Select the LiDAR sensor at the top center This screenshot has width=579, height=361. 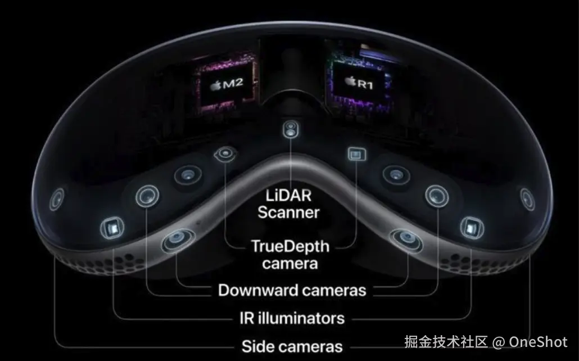pyautogui.click(x=290, y=130)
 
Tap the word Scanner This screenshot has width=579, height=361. pyautogui.click(x=288, y=212)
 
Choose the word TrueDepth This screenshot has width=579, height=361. pyautogui.click(x=289, y=246)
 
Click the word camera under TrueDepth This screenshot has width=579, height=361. pyautogui.click(x=289, y=263)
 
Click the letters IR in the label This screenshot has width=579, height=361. pyautogui.click(x=241, y=318)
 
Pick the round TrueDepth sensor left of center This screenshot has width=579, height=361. pyautogui.click(x=225, y=153)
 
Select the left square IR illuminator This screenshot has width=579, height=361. pyautogui.click(x=110, y=227)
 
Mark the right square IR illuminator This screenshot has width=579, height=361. pyautogui.click(x=469, y=227)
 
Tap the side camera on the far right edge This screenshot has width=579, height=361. pyautogui.click(x=526, y=198)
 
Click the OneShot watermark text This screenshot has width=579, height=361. pyautogui.click(x=538, y=341)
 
